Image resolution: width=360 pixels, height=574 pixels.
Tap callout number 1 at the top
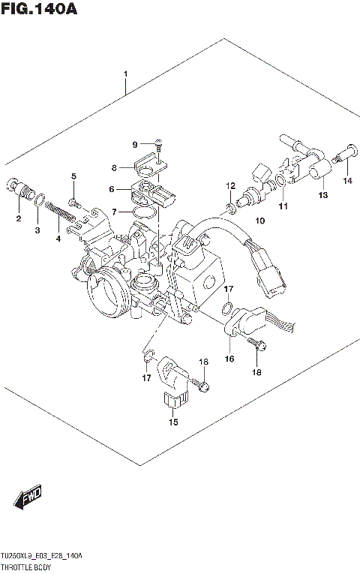coord(126,74)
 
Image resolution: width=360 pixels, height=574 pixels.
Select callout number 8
coord(115,168)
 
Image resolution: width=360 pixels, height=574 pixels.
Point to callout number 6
coord(112,189)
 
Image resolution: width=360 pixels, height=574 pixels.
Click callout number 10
coord(260,221)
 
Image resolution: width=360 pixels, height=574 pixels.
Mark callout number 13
coord(322,196)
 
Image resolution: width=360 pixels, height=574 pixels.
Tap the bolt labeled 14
coord(345,159)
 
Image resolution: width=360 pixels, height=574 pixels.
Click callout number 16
coord(229,359)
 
